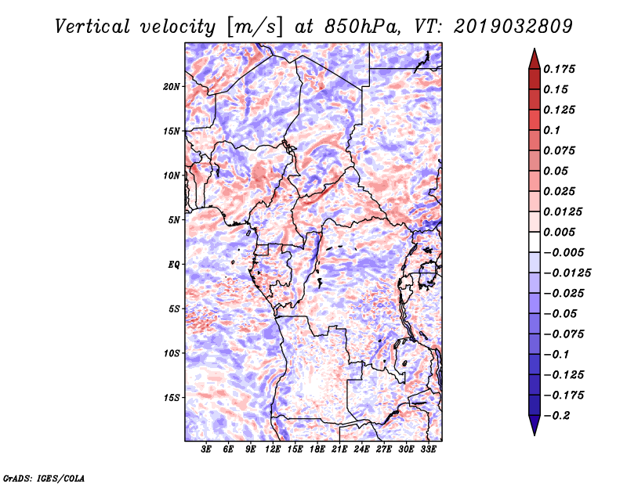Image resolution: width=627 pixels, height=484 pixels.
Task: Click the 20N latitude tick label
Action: (x=172, y=87)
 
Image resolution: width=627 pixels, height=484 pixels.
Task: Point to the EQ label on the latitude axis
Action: (x=173, y=265)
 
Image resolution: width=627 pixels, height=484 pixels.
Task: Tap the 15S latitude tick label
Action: (x=172, y=398)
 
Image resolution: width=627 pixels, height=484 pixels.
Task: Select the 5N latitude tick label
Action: (x=174, y=220)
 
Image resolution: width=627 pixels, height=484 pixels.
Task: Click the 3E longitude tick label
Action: (x=206, y=450)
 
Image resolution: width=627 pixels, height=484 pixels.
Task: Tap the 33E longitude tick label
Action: (x=428, y=450)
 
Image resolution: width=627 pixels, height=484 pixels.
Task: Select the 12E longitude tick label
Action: (x=272, y=450)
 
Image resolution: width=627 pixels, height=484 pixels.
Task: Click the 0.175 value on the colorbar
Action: (x=559, y=69)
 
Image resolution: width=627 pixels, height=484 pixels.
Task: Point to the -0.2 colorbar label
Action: (x=556, y=416)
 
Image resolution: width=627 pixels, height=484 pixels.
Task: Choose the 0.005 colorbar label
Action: (x=559, y=232)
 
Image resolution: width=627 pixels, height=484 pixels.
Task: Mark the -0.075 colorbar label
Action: (x=564, y=334)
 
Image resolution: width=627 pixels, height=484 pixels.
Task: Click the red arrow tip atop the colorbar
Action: (x=535, y=49)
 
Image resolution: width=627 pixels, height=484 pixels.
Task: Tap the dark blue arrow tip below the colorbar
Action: (x=535, y=435)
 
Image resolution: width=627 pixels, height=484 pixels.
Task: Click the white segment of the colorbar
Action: (x=535, y=242)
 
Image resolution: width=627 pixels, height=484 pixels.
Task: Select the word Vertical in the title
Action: (x=92, y=27)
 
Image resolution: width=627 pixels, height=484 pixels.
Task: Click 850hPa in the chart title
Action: (x=362, y=27)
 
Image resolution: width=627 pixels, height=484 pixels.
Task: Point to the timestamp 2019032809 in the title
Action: (x=513, y=27)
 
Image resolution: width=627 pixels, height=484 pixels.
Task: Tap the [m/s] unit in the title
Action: (x=255, y=27)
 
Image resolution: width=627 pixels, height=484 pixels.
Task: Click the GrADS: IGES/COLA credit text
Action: (x=44, y=479)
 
